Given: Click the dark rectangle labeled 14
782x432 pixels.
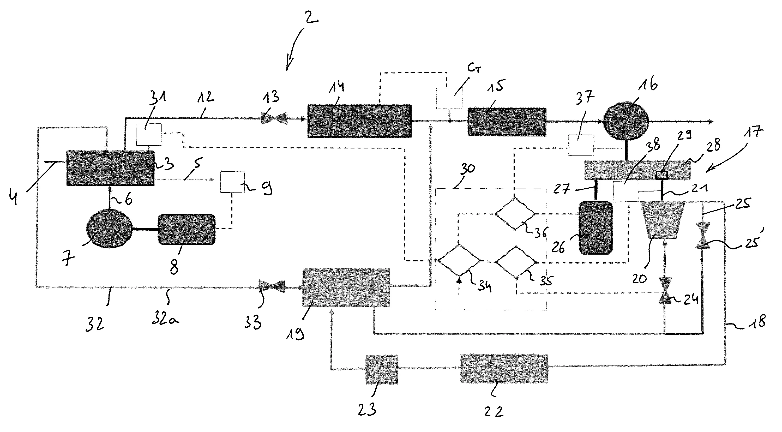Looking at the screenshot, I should coord(359,121).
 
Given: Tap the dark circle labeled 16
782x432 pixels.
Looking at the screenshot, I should coord(626,121).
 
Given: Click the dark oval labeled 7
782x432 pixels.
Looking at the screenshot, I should coord(109,229).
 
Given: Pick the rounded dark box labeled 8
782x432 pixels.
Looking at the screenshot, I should coord(187,229).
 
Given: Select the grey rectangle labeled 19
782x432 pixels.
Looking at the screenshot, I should coord(346,287).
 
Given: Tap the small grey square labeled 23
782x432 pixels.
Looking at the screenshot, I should coord(382,369).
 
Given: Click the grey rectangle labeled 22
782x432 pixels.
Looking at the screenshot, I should coord(504,368).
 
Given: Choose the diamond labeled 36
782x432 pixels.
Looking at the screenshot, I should coord(515,214).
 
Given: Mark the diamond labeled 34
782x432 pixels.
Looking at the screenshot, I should coord(459,260).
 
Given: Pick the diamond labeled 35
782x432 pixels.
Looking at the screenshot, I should coord(516,262).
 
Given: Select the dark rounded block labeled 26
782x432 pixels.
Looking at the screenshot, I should coord(595,227).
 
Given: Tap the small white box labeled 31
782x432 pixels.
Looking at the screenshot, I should coord(149,135).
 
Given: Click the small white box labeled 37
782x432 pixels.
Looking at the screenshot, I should coord(581,145).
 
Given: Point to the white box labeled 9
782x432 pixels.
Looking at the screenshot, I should coord(232,182).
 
